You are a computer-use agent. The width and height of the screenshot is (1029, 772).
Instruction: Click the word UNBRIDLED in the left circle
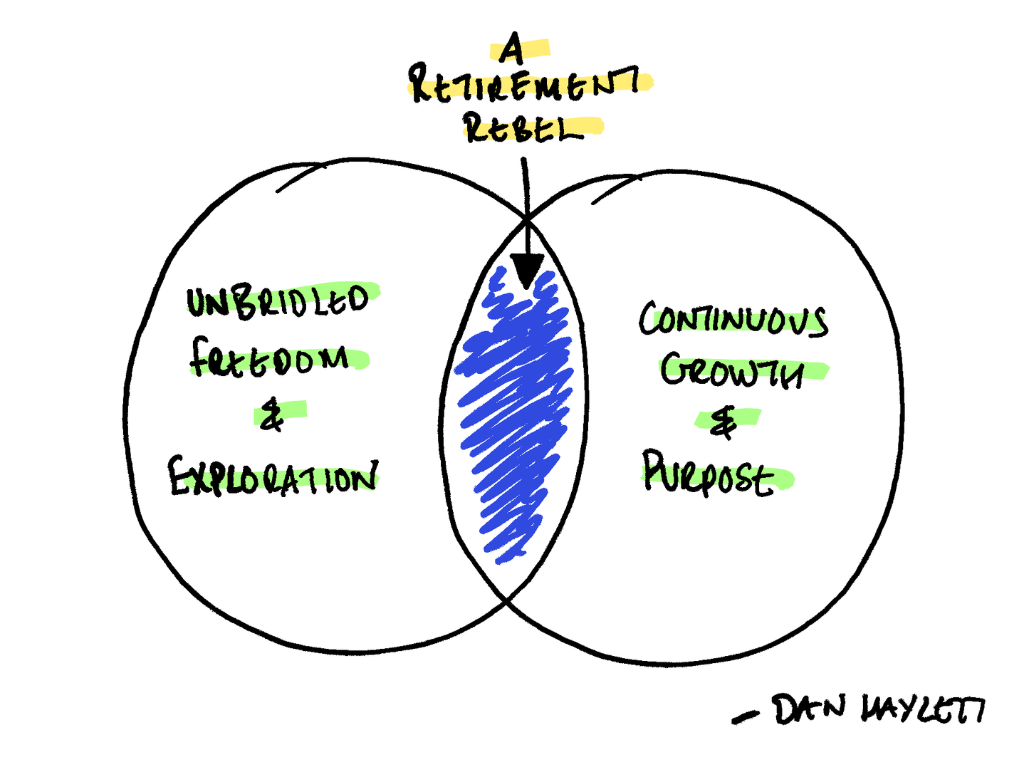pos(278,301)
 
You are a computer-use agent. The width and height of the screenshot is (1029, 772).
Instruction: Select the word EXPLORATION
pos(273,476)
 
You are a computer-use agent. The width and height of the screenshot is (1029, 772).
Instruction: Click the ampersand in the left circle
pos(271,415)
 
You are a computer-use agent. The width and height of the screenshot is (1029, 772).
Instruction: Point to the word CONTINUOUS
pos(733,319)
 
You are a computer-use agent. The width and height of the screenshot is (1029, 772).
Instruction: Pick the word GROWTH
pos(732,371)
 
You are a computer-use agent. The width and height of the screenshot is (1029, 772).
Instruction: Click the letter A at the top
pos(511,50)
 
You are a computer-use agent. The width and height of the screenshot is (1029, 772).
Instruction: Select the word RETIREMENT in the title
pos(524,84)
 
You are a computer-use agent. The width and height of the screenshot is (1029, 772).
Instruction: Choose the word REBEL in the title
pos(524,128)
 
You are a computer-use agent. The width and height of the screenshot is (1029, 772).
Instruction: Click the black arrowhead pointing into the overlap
pos(527,270)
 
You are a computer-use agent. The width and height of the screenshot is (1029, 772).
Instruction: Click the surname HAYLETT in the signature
pos(923,709)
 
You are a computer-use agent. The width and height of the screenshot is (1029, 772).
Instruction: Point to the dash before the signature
pos(745,717)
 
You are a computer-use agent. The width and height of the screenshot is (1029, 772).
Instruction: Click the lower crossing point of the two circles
pos(507,602)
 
